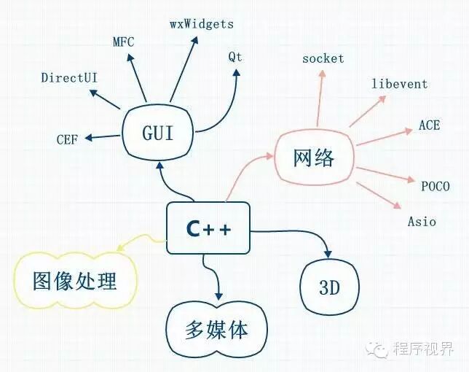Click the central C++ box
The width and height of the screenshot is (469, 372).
pos(208,228)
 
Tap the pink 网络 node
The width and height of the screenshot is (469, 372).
pos(314,157)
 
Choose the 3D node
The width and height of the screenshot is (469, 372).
pos(330,287)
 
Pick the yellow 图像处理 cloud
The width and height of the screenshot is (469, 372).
pos(75,280)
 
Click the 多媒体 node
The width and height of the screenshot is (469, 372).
pos(216,330)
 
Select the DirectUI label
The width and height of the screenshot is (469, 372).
pos(71,77)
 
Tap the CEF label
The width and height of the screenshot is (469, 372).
pos(68,139)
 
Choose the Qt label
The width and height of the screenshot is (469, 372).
pos(234,56)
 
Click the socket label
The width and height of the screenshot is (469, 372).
pos(323,58)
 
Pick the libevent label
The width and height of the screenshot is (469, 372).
pos(399,84)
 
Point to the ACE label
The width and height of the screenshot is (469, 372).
pos(429,125)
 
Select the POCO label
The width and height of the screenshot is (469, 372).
pos(435,186)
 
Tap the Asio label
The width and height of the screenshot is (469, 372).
pos(422,221)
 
